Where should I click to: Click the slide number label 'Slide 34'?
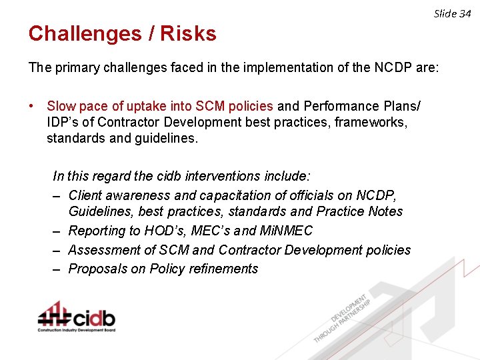pos(453,13)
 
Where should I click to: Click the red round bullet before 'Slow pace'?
pos(31,106)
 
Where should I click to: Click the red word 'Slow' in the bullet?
pos(61,106)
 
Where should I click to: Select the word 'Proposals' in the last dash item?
pos(97,269)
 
